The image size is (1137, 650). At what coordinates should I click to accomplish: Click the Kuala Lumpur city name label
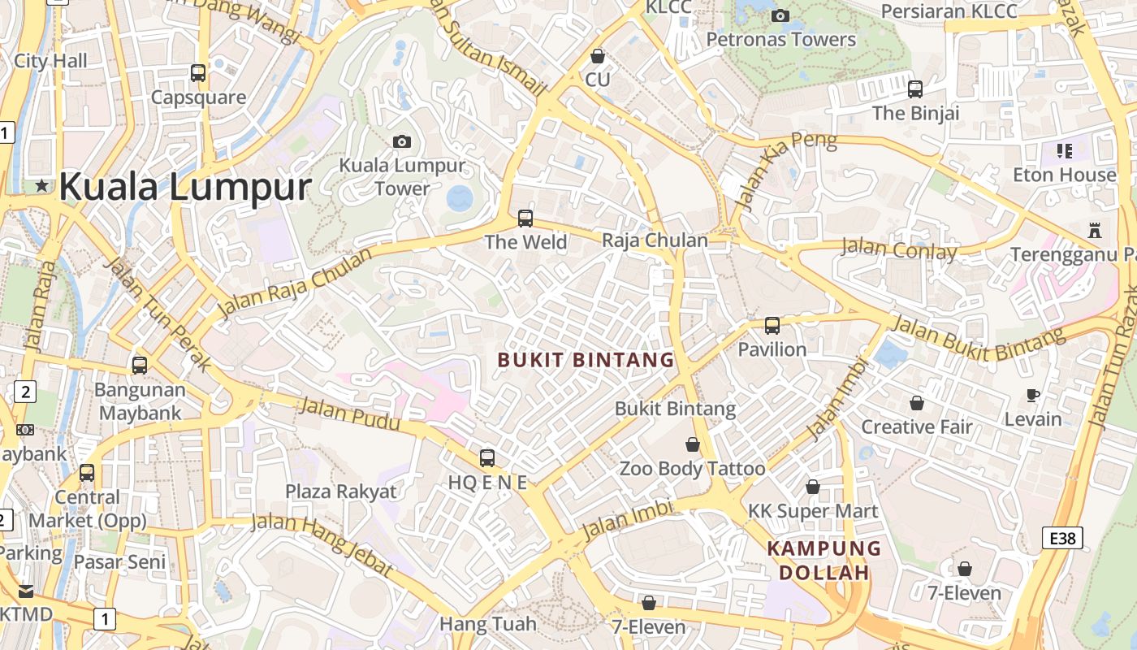tap(185, 186)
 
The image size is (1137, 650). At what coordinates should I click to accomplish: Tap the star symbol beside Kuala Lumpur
tap(41, 186)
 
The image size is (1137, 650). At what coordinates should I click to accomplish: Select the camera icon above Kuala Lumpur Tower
tap(401, 141)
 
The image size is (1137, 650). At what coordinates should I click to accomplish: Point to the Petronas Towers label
tap(780, 39)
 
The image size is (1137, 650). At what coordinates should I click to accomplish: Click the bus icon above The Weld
tap(525, 218)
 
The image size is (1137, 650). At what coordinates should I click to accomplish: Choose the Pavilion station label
tap(772, 349)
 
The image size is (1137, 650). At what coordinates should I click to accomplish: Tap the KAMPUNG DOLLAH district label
tap(824, 560)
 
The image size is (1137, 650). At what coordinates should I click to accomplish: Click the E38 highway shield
tap(1062, 537)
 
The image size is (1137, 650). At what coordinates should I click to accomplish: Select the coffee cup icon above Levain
tap(1032, 396)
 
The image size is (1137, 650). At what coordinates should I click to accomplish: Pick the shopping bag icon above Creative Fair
tap(916, 403)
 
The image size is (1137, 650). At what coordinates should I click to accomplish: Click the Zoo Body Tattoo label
tap(692, 469)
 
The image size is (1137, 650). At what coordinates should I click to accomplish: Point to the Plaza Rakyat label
tap(341, 491)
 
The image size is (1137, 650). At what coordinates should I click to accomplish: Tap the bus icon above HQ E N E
tap(487, 457)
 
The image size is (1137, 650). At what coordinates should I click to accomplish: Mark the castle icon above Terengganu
tap(1094, 231)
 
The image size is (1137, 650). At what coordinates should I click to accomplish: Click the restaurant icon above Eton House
tap(1064, 150)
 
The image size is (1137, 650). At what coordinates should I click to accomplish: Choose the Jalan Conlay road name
tap(898, 249)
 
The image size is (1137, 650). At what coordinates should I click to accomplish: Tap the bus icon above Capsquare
tap(198, 73)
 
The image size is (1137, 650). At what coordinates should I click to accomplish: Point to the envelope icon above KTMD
tap(26, 591)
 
